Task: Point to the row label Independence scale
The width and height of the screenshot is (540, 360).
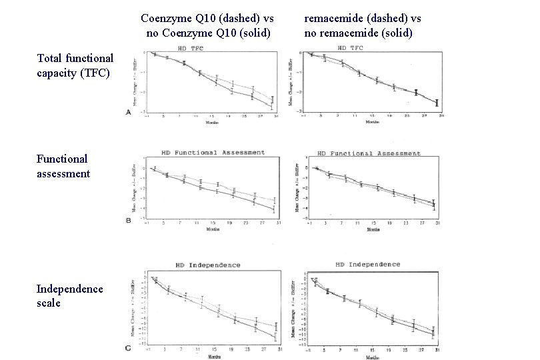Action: pos(70,295)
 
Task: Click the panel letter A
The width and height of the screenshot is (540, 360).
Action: pos(129,113)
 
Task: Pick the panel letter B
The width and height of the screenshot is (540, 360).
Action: pos(129,220)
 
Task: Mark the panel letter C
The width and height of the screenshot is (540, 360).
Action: pos(129,348)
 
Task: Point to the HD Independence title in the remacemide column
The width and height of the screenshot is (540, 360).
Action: pos(368,264)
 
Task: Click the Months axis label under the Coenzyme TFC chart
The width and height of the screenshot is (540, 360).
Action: pos(212,122)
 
